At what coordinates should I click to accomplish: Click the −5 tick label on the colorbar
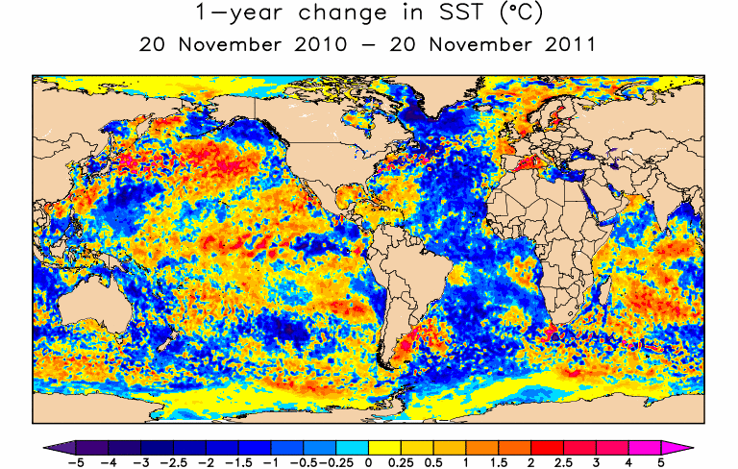click(x=56, y=463)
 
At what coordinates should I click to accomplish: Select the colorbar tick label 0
click(x=369, y=463)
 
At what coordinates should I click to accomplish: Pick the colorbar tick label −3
click(x=140, y=463)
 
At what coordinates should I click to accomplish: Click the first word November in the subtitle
click(x=213, y=44)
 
